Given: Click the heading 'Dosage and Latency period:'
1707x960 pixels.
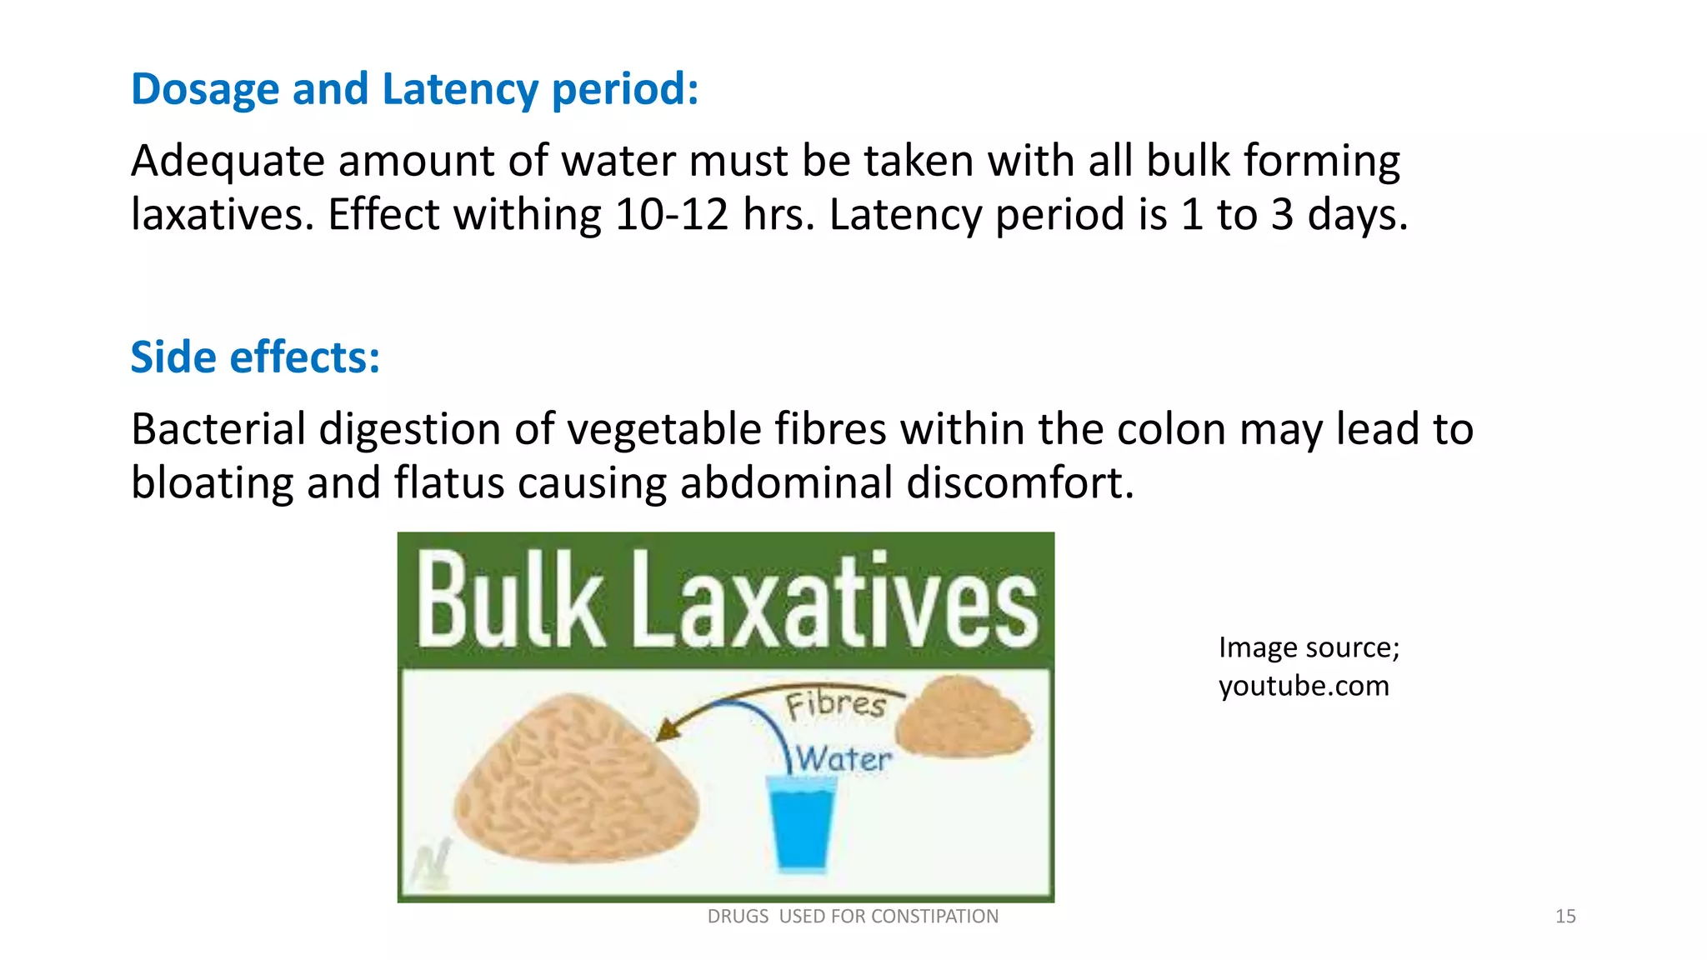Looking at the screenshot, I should pyautogui.click(x=414, y=89).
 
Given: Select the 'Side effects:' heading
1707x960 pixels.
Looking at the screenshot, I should pyautogui.click(x=255, y=357).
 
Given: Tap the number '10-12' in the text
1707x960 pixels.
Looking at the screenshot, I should pyautogui.click(x=672, y=215).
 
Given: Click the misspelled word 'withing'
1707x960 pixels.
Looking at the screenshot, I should pyautogui.click(x=527, y=215).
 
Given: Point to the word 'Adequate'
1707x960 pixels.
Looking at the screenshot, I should pyautogui.click(x=228, y=161).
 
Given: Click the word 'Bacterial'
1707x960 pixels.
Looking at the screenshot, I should pyautogui.click(x=218, y=429).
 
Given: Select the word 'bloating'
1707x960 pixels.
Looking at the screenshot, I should pyautogui.click(x=213, y=482).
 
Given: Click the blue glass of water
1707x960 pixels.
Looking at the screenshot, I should pyautogui.click(x=801, y=825).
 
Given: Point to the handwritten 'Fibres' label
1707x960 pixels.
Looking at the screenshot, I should pyautogui.click(x=835, y=704).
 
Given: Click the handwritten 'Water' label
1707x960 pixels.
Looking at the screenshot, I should pyautogui.click(x=842, y=759).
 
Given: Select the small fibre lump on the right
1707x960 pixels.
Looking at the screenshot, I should pyautogui.click(x=964, y=717).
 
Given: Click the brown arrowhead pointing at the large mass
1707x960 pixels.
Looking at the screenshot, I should pyautogui.click(x=667, y=730).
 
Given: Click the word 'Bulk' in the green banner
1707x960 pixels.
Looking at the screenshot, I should pyautogui.click(x=510, y=600).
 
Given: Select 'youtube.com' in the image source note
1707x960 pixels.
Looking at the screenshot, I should pyautogui.click(x=1304, y=686).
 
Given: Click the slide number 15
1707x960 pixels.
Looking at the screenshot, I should pyautogui.click(x=1565, y=917).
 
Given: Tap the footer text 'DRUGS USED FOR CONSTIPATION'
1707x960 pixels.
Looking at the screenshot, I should pyautogui.click(x=853, y=917).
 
